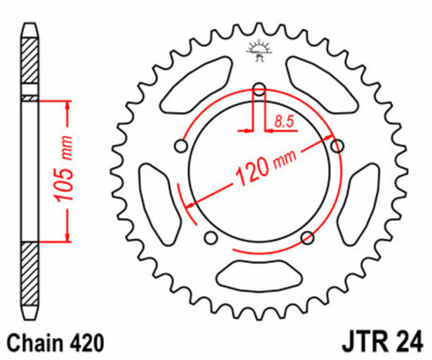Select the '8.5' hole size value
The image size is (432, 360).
tap(282, 122)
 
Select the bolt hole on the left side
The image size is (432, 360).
tap(182, 146)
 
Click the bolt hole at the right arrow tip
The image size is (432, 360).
tap(335, 145)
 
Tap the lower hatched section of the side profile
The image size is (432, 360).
tap(30, 272)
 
